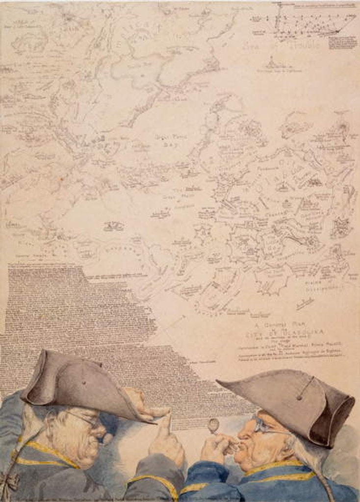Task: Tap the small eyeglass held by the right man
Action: tap(214, 426)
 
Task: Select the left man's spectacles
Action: tap(88, 420)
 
